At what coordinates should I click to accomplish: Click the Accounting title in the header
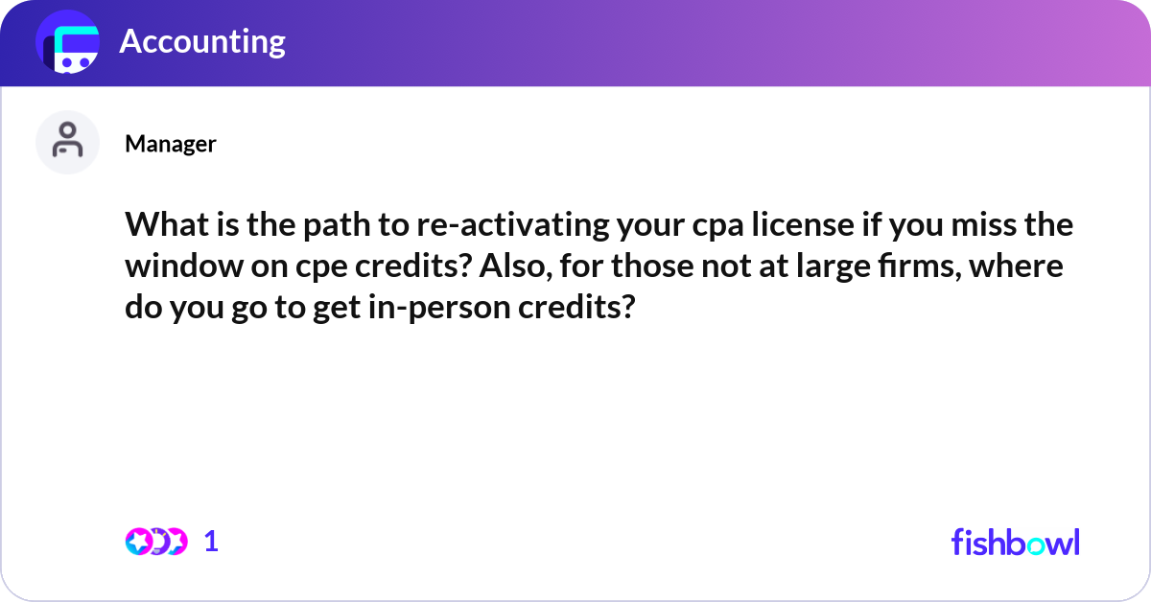pyautogui.click(x=202, y=41)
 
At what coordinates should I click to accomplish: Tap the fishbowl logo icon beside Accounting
pyautogui.click(x=68, y=42)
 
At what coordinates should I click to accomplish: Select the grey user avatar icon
pyautogui.click(x=67, y=142)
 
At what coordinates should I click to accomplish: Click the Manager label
pyautogui.click(x=170, y=144)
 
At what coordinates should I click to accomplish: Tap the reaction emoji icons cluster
pyautogui.click(x=155, y=542)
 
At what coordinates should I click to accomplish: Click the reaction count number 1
pyautogui.click(x=212, y=542)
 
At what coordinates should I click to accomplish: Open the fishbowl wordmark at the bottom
pyautogui.click(x=1015, y=542)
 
